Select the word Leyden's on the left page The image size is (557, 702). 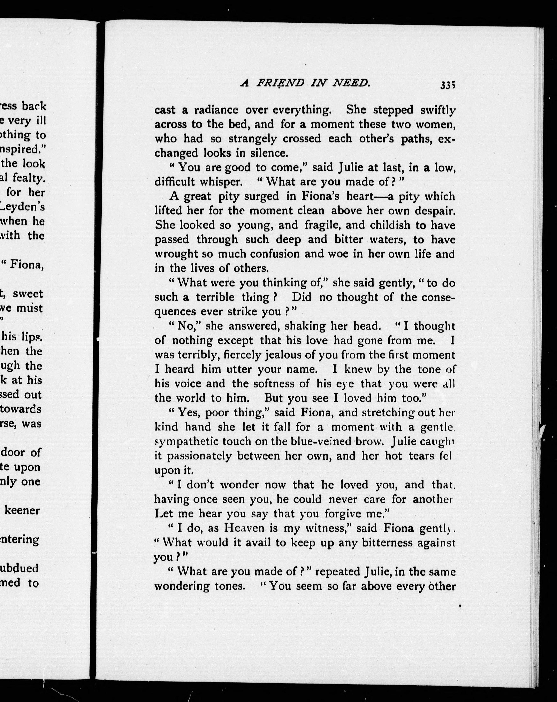click(x=23, y=207)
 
